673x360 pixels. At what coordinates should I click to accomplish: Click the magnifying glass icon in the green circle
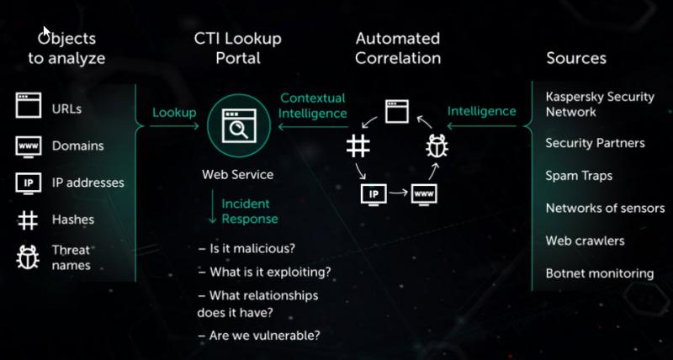tap(239, 125)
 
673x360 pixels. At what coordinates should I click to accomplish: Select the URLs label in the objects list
tap(66, 109)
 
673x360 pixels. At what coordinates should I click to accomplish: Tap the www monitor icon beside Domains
tap(29, 146)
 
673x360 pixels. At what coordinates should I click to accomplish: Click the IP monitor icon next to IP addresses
tap(29, 183)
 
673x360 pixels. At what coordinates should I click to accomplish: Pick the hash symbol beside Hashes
tap(28, 220)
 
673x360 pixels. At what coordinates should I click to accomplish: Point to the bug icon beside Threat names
tap(28, 257)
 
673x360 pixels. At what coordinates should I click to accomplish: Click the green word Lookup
tap(174, 113)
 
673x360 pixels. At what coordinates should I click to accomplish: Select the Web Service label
tap(238, 175)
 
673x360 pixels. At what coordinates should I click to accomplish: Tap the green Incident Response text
tap(250, 211)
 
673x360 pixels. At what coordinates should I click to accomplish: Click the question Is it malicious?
tap(246, 248)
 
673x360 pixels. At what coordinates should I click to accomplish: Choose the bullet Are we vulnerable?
tap(259, 335)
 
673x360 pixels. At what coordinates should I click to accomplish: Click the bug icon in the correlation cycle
tap(437, 146)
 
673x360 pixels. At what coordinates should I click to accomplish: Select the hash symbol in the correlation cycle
tap(358, 146)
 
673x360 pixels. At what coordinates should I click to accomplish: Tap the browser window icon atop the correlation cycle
tap(396, 112)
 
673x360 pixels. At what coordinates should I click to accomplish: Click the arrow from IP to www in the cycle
tap(399, 193)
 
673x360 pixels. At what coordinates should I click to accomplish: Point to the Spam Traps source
tap(579, 176)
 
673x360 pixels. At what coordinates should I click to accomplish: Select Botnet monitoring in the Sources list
tap(600, 273)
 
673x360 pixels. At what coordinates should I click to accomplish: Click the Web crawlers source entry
tap(585, 241)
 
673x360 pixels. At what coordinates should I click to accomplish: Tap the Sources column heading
tap(576, 58)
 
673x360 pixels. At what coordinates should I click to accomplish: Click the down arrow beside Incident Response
tap(212, 207)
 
